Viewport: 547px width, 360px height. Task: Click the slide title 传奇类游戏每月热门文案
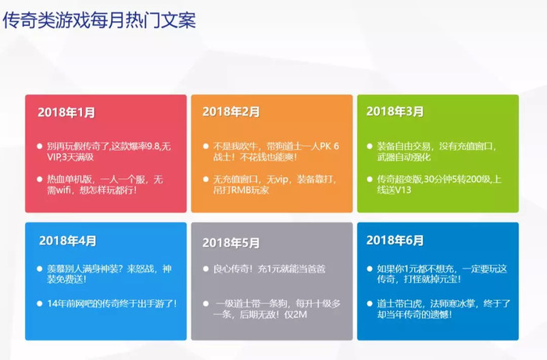click(x=99, y=20)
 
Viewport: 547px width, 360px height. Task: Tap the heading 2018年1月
click(x=66, y=112)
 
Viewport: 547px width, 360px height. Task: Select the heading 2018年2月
click(x=231, y=112)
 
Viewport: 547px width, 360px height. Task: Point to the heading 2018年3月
click(x=395, y=111)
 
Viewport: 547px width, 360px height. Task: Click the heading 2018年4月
click(x=68, y=241)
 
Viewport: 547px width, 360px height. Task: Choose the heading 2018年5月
click(x=231, y=243)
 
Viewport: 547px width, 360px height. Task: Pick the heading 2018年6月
click(x=395, y=240)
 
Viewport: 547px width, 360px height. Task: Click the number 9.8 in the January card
click(x=153, y=146)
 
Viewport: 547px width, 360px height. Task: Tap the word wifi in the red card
click(x=64, y=191)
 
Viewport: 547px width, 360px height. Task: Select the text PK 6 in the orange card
click(x=329, y=146)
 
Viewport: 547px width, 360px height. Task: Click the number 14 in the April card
click(x=52, y=304)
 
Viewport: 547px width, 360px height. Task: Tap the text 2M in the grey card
click(x=301, y=315)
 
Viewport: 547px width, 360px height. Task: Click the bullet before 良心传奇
click(x=206, y=269)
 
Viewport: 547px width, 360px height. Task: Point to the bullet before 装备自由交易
click(x=370, y=146)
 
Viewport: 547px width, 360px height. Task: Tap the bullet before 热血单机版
click(x=40, y=180)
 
